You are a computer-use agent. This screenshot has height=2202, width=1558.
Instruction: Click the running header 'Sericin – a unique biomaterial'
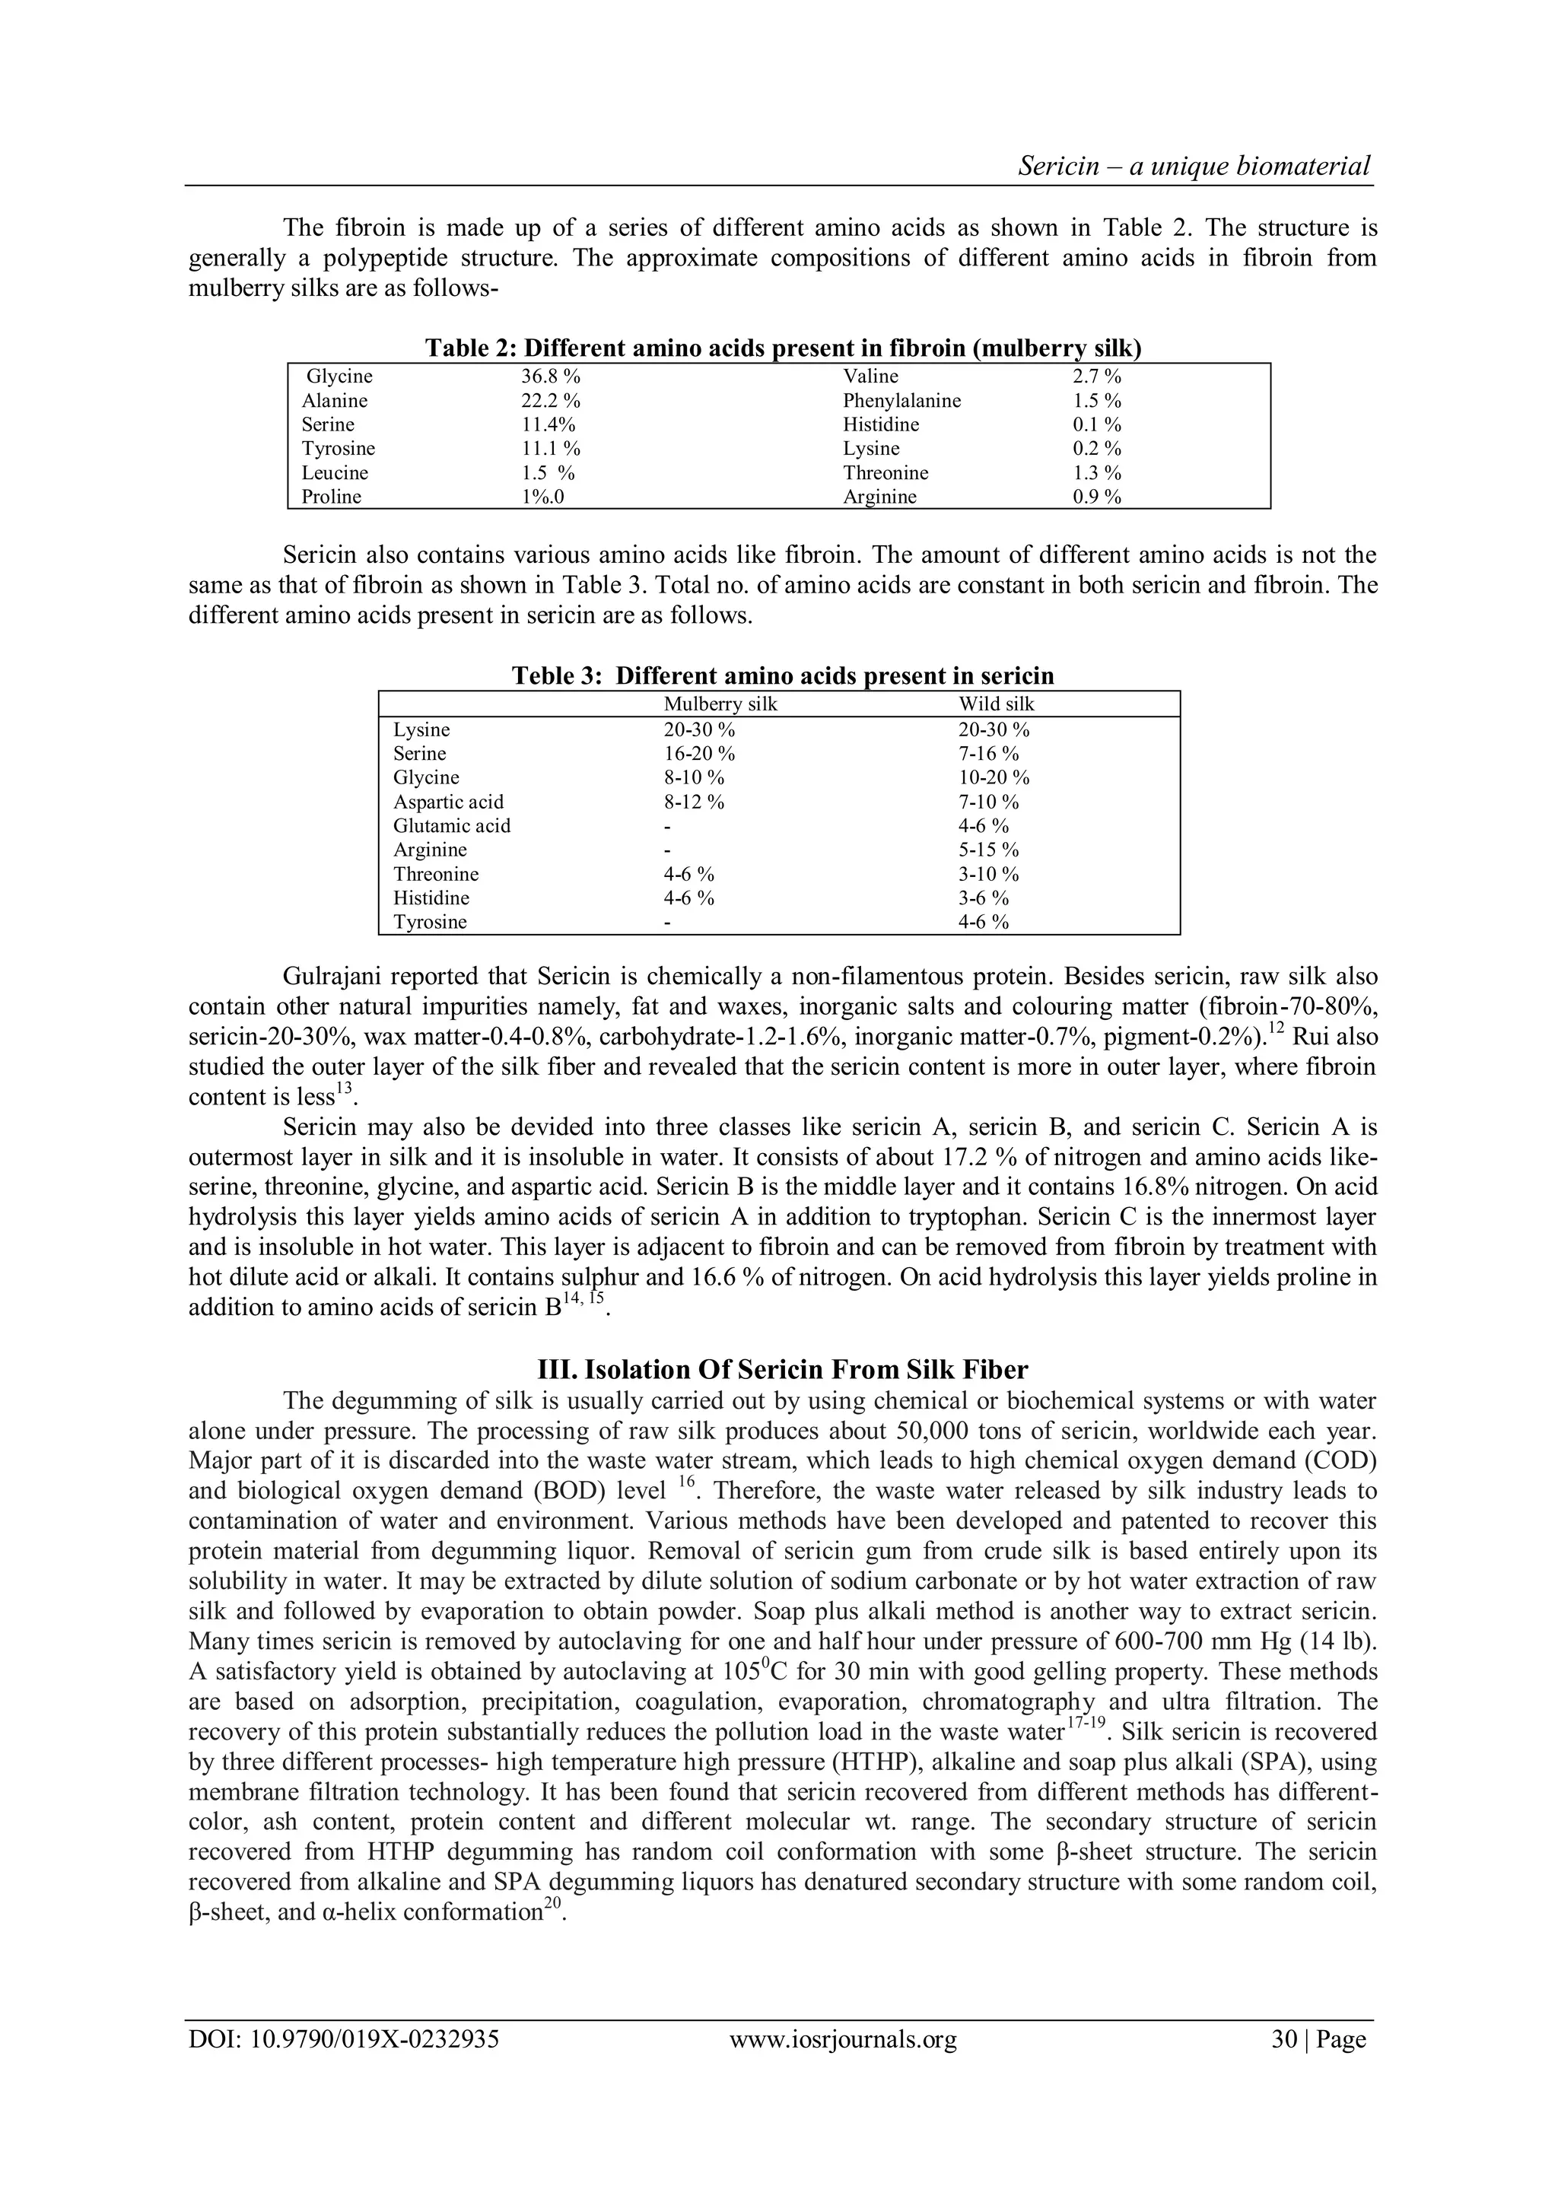[1194, 166]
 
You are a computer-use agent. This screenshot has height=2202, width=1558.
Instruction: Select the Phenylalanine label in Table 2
[901, 401]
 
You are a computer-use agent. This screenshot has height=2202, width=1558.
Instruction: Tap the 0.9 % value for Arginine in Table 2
[1096, 497]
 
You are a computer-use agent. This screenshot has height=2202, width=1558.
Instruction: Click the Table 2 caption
[783, 347]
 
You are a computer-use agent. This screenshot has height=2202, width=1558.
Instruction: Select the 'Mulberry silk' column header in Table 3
[720, 704]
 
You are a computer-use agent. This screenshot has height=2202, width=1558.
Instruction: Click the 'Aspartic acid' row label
[448, 802]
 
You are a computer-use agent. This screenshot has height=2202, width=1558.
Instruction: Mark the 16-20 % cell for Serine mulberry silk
[698, 754]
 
